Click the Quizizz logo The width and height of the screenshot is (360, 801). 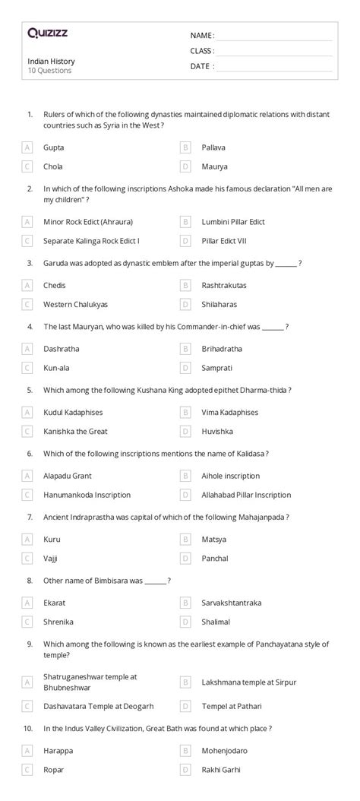47,33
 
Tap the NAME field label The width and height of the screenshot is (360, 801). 201,36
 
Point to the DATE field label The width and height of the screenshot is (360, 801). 201,66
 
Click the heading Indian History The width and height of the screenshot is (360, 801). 51,61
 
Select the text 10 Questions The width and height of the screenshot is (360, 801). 49,71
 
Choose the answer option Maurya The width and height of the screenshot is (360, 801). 214,166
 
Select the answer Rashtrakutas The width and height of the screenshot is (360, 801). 224,286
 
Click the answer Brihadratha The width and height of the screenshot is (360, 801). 223,349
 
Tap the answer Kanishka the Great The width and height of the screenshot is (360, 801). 75,431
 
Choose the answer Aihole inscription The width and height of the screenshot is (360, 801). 230,476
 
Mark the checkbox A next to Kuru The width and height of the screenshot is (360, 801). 27,539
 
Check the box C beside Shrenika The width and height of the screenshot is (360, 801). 27,621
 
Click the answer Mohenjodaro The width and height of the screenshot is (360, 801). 224,750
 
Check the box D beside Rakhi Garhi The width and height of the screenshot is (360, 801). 185,769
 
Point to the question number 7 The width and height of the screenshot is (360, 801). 30,517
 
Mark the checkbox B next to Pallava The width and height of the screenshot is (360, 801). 185,147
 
